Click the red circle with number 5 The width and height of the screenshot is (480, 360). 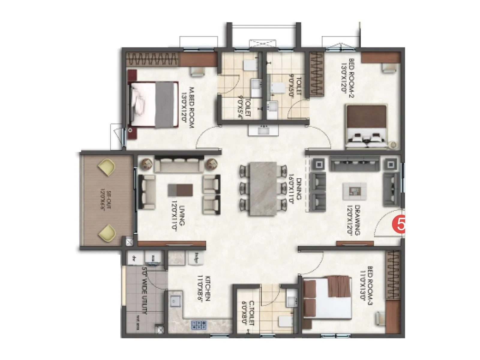click(399, 224)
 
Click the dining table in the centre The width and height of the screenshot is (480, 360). click(263, 189)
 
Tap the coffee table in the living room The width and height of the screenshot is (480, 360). click(180, 190)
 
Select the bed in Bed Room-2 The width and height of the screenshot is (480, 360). click(366, 126)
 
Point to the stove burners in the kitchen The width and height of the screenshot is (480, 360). click(199, 325)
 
